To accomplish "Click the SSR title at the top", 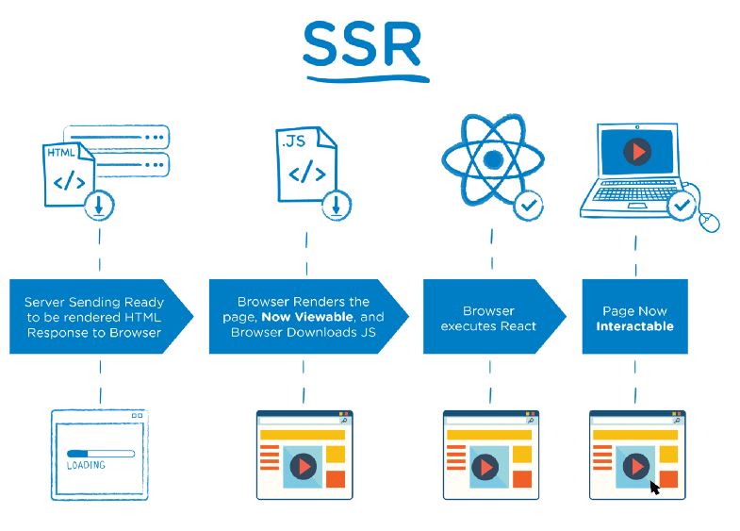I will pos(362,45).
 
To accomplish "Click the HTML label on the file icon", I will pos(63,153).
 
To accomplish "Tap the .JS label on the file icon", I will pos(294,142).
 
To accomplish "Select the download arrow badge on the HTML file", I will pos(100,206).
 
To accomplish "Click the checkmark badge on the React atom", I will pos(528,204).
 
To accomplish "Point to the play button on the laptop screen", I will pos(639,151).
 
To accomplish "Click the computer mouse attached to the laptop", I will pos(709,223).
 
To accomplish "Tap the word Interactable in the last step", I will pos(634,326).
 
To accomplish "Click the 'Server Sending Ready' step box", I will pos(94,317).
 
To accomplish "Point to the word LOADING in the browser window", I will pos(86,465).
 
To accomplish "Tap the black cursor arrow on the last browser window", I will pos(654,487).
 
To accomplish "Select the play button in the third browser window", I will pos(486,466).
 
